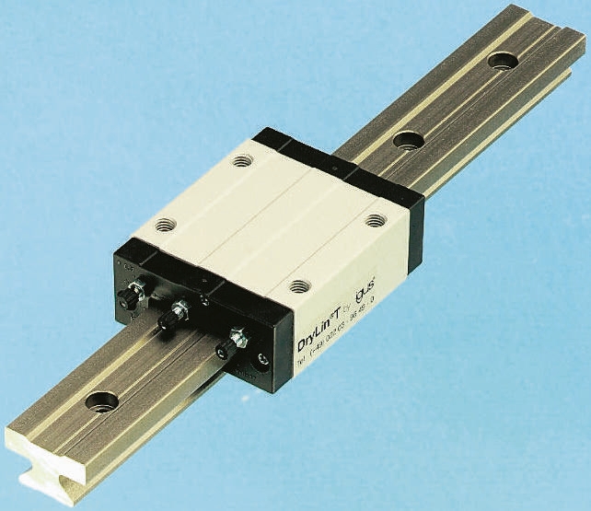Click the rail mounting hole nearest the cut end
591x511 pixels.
coord(101,401)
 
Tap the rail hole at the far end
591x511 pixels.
coord(503,61)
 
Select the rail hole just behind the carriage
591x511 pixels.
coord(407,141)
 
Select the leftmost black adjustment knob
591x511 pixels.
coord(133,296)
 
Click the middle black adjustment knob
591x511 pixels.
coord(171,319)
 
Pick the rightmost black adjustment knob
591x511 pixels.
coord(223,348)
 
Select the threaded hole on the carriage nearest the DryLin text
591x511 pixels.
coord(297,286)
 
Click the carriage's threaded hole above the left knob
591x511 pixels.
coord(165,225)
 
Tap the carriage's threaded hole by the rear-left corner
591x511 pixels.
coord(242,160)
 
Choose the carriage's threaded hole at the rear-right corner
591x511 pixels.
coord(376,220)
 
